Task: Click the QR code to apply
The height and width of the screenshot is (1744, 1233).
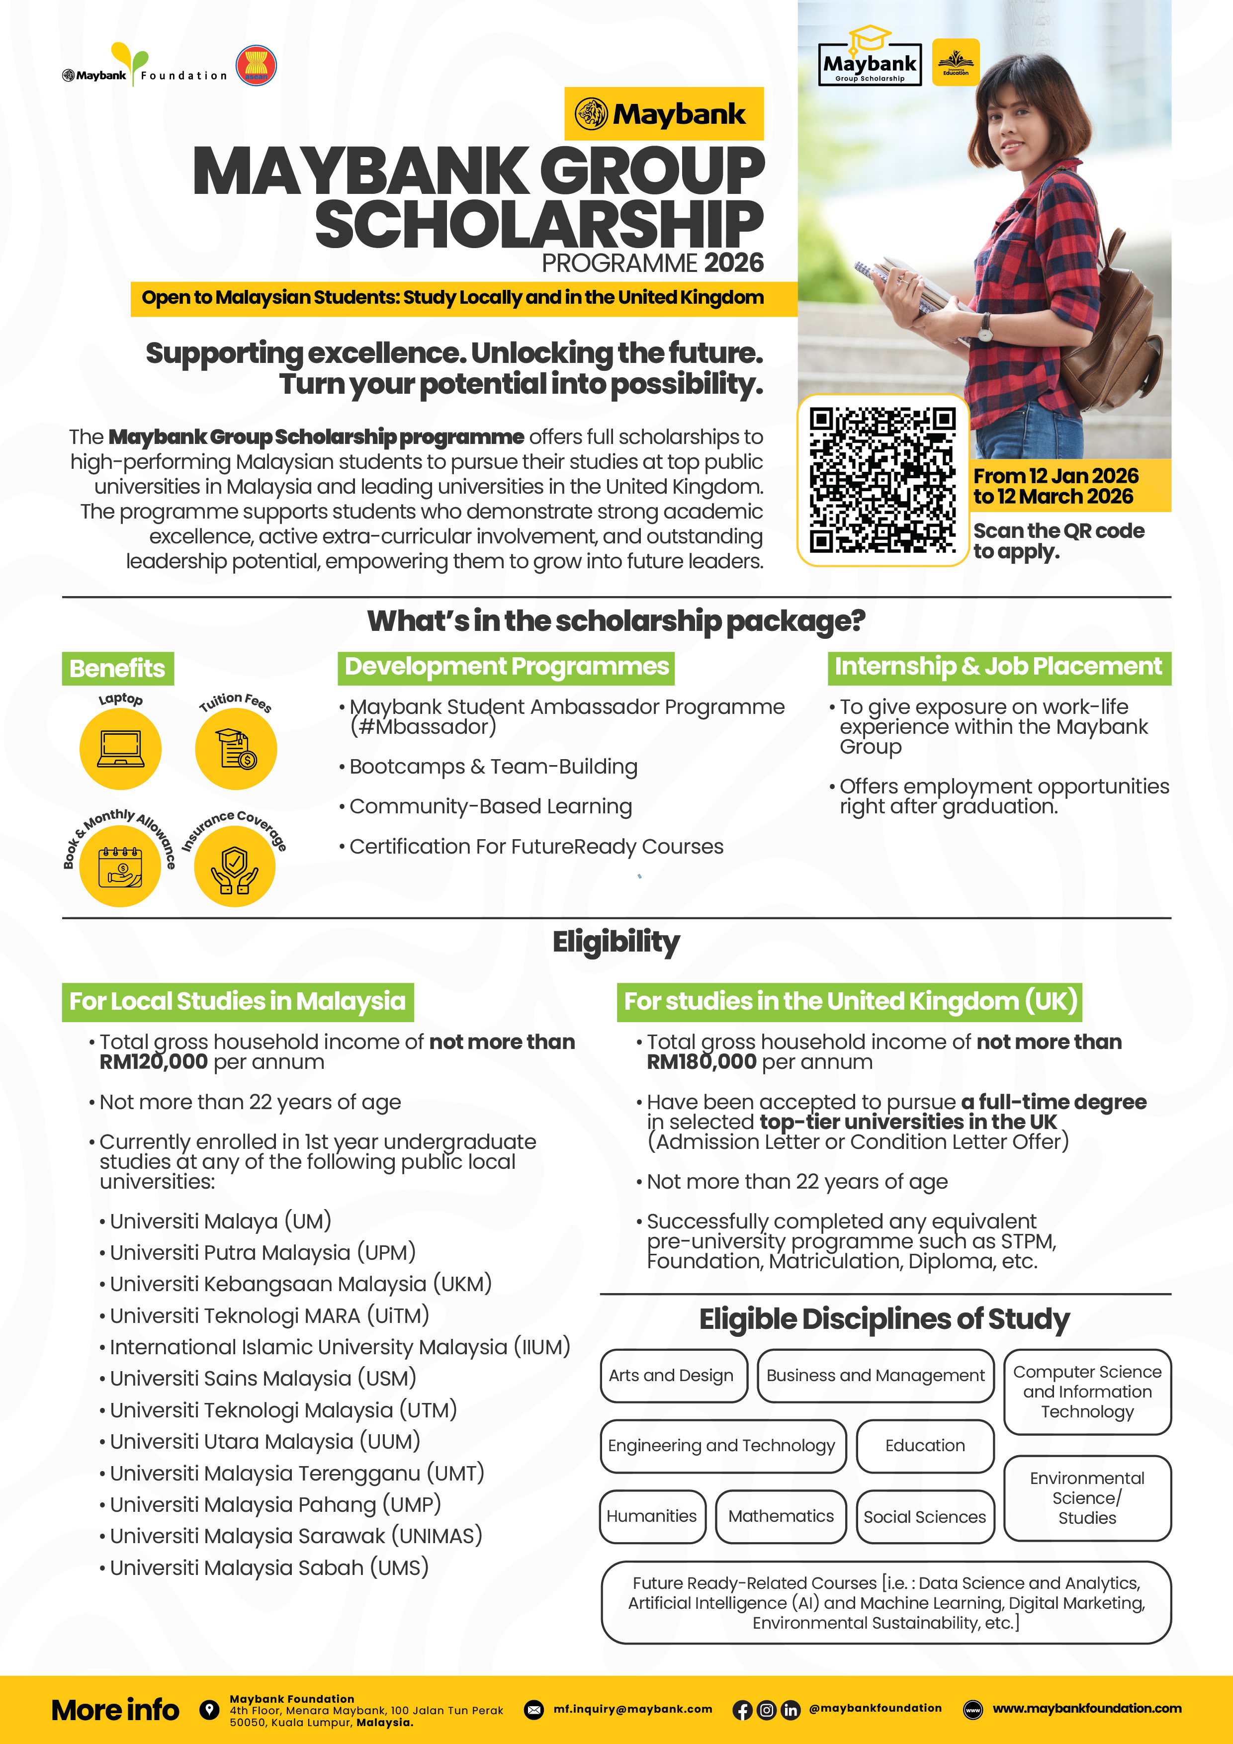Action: point(882,480)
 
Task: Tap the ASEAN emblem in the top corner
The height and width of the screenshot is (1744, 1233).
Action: point(256,65)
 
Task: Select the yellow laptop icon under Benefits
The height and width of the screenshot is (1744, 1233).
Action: point(120,749)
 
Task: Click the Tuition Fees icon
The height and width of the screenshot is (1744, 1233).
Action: point(236,749)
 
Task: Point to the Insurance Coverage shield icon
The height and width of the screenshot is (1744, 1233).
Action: point(235,867)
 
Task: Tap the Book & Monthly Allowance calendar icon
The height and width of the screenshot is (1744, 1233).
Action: point(120,867)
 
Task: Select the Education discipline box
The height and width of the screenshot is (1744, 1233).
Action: point(925,1446)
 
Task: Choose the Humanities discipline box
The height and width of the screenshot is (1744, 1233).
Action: point(652,1516)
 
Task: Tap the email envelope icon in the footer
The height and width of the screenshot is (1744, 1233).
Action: point(534,1710)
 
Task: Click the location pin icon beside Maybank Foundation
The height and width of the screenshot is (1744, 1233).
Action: point(209,1709)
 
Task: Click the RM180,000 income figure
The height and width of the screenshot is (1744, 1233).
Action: point(701,1062)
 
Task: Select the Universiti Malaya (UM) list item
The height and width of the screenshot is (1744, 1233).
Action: point(220,1221)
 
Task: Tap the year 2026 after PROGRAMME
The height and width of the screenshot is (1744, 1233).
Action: point(733,263)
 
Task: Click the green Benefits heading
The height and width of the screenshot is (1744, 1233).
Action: point(118,669)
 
